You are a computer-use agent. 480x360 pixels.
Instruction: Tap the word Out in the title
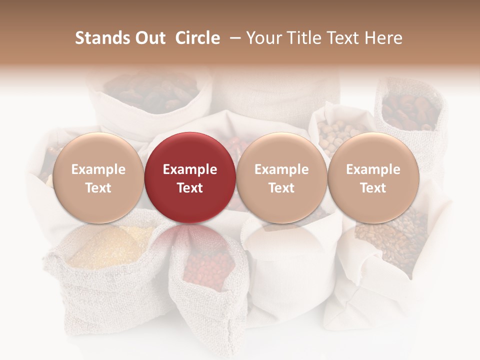(148, 38)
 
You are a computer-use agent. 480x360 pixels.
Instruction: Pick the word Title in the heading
(304, 38)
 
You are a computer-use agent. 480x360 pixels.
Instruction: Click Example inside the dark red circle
(190, 169)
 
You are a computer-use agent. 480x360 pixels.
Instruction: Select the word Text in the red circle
(190, 188)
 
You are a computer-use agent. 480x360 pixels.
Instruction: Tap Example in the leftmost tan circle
(98, 169)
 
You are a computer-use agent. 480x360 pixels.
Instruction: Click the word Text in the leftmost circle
(98, 188)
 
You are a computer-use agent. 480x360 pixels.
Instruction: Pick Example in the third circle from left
(281, 169)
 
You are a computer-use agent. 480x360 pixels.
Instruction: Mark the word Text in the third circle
(281, 188)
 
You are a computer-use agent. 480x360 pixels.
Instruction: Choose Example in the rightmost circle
(373, 169)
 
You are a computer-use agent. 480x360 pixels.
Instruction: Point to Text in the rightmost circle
(373, 188)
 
